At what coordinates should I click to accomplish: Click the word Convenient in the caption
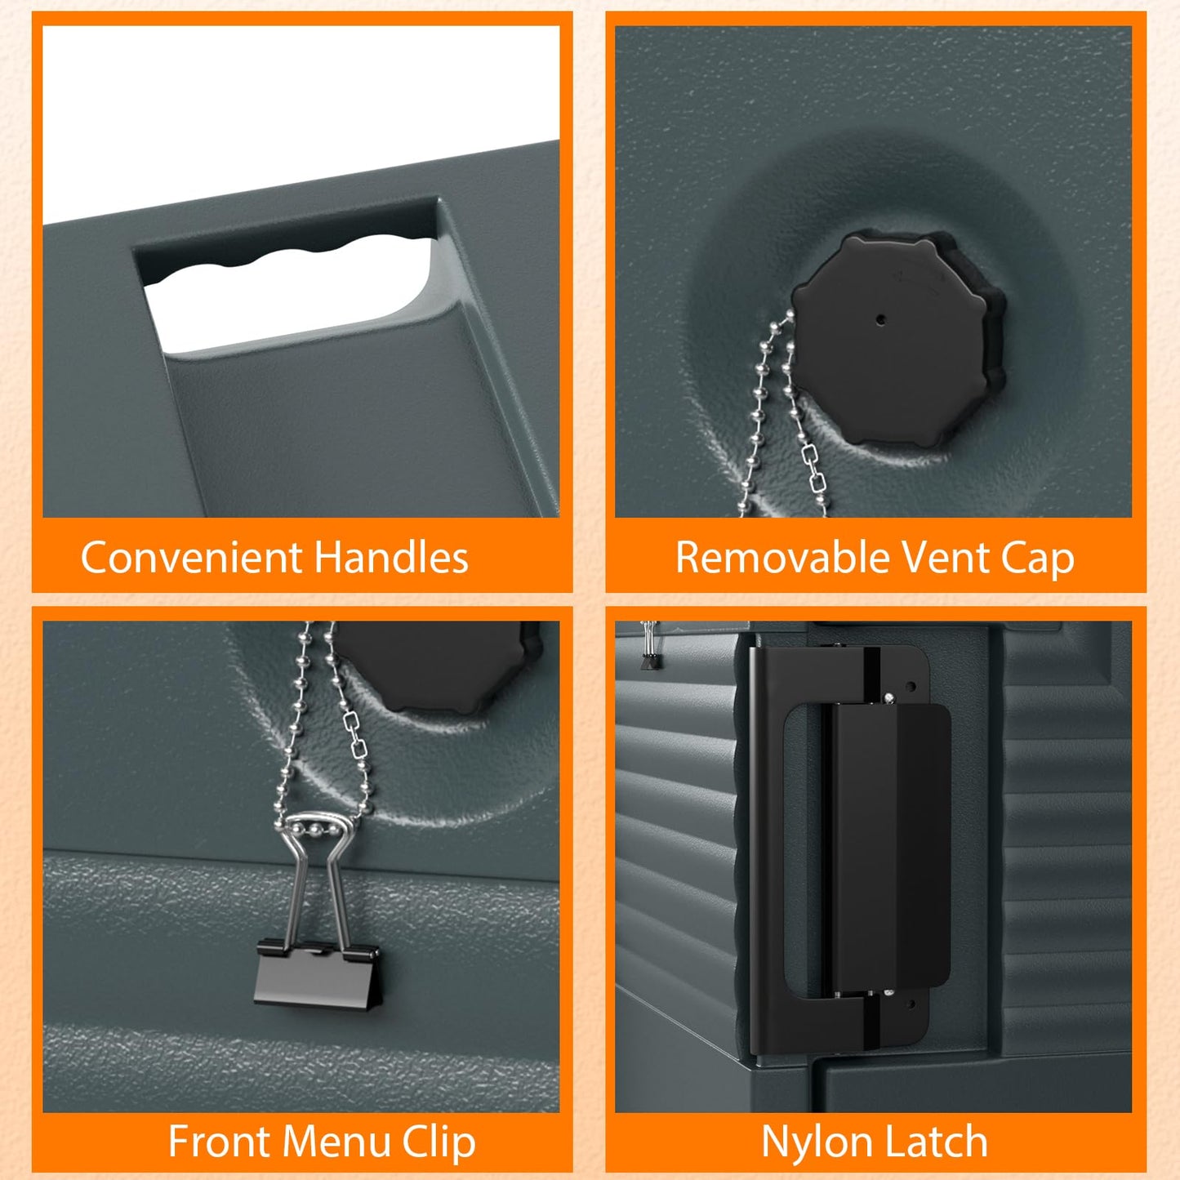(191, 558)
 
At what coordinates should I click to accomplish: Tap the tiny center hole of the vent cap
(880, 319)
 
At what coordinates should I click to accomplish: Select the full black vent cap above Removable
(898, 340)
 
